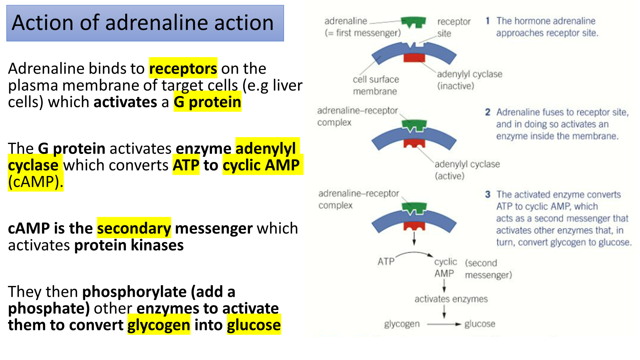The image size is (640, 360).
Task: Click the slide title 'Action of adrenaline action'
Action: [143, 23]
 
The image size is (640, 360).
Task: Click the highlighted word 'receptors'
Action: [183, 68]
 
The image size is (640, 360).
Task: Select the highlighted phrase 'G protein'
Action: [207, 102]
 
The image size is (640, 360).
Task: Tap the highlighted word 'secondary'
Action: [134, 228]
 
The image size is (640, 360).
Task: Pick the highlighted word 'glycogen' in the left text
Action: [158, 325]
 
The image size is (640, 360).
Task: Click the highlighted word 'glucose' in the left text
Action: [254, 325]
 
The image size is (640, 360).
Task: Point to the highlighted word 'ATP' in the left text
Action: [186, 165]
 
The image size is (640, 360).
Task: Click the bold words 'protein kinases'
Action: [129, 245]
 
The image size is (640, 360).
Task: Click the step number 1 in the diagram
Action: [488, 21]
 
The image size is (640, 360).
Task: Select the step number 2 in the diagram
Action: [488, 112]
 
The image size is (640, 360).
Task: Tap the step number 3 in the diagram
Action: [488, 194]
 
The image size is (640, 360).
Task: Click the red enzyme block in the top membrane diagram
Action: [414, 58]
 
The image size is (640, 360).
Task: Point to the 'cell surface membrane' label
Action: [376, 85]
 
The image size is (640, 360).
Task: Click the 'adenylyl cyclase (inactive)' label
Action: [469, 80]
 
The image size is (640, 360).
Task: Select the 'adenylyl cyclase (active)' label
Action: [467, 170]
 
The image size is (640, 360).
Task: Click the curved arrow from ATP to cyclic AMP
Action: [414, 254]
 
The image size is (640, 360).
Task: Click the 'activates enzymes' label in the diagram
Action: [451, 299]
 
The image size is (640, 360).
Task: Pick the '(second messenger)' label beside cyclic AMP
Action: [488, 269]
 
